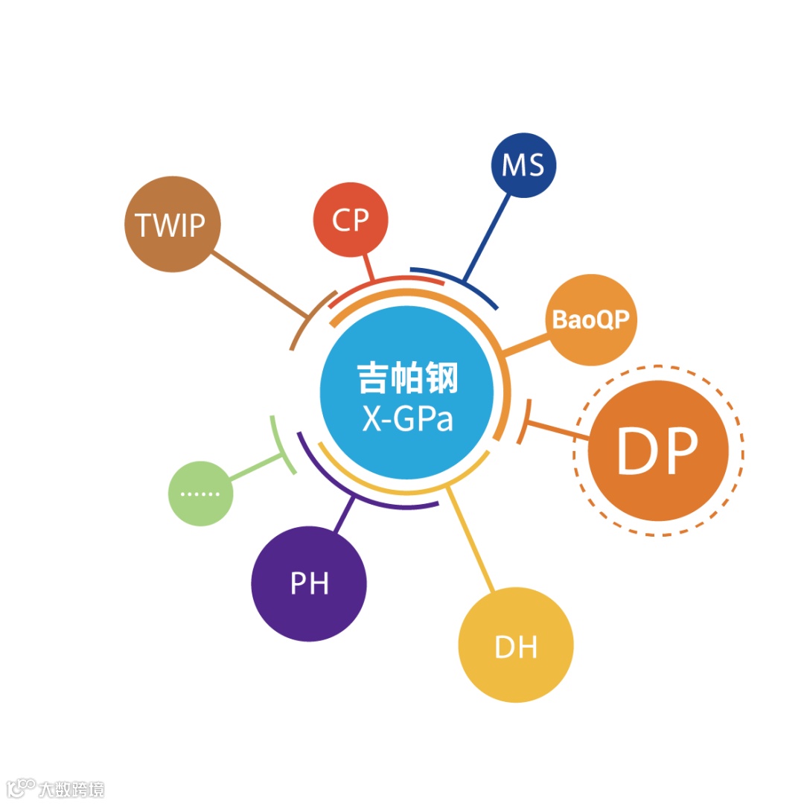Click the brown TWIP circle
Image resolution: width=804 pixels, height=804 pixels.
pyautogui.click(x=173, y=224)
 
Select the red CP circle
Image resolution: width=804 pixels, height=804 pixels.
pyautogui.click(x=351, y=220)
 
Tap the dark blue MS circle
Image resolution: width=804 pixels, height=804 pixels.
pyautogui.click(x=523, y=165)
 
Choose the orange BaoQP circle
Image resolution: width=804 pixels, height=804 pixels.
pyautogui.click(x=591, y=320)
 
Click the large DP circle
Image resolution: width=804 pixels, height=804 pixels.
pyautogui.click(x=657, y=451)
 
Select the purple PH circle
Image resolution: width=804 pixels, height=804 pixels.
pyautogui.click(x=309, y=584)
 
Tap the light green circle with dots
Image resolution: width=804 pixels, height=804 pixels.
pyautogui.click(x=201, y=494)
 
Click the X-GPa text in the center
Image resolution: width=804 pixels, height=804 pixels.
pyautogui.click(x=407, y=419)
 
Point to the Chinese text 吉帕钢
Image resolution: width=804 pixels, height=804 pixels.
pyautogui.click(x=407, y=378)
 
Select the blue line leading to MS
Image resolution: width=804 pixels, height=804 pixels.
pyautogui.click(x=488, y=237)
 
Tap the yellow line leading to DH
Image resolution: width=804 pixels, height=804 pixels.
pyautogui.click(x=470, y=540)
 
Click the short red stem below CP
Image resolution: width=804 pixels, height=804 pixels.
pyautogui.click(x=368, y=267)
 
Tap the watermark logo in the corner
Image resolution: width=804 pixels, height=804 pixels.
pyautogui.click(x=21, y=788)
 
